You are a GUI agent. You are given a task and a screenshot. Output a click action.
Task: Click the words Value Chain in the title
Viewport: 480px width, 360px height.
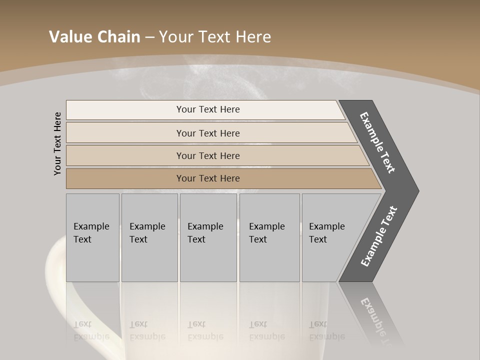point(94,37)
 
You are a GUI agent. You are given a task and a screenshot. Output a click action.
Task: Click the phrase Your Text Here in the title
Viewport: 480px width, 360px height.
point(215,37)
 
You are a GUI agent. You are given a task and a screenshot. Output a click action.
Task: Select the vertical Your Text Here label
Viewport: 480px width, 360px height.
point(57,143)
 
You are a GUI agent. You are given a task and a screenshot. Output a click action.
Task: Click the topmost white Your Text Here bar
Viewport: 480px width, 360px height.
point(207,109)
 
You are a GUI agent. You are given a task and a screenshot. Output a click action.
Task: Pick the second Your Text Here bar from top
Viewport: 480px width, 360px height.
point(207,133)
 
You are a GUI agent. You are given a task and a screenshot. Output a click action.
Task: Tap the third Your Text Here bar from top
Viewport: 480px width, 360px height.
point(207,155)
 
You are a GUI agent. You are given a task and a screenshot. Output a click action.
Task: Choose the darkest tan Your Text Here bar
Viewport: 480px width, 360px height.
point(207,178)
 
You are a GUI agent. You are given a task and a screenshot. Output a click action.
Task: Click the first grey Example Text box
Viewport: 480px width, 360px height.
point(92,237)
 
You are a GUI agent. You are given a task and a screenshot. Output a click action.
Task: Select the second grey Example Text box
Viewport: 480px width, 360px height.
point(149,237)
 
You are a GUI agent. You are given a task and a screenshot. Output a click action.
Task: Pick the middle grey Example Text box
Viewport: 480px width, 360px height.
point(208,237)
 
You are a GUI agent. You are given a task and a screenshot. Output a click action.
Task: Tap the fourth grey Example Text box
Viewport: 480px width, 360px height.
point(269,237)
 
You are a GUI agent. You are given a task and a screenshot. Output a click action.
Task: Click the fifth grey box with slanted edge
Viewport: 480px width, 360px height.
point(330,237)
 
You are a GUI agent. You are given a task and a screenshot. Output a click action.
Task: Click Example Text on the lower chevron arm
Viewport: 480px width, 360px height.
point(379,236)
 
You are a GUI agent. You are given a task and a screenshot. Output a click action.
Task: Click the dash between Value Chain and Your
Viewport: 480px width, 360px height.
point(149,38)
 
